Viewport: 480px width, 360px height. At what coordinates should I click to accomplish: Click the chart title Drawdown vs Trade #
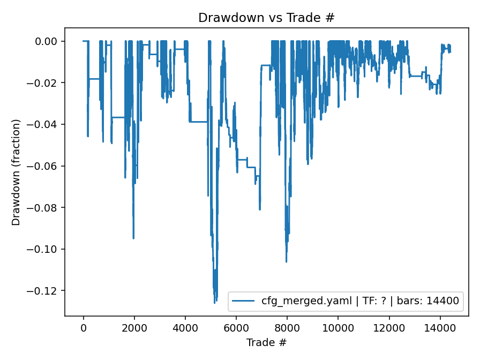[266, 17]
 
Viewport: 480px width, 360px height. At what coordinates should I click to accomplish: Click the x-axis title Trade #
[266, 342]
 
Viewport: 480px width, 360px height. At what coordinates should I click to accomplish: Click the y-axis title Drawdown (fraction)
[16, 172]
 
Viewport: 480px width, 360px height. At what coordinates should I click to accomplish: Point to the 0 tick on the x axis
[84, 327]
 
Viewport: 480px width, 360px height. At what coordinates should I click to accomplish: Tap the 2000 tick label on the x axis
[134, 327]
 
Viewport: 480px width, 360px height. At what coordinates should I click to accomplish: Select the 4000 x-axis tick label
[185, 327]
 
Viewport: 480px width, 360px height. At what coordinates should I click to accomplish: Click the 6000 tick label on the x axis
[236, 327]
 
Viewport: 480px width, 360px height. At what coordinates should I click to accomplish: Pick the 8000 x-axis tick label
[287, 327]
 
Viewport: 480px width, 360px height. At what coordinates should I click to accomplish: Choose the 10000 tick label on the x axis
[338, 327]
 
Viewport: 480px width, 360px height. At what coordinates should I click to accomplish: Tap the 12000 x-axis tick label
[389, 327]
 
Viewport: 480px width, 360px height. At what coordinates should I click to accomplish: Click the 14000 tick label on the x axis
[440, 327]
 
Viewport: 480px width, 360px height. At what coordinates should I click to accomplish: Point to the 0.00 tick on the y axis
[50, 41]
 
